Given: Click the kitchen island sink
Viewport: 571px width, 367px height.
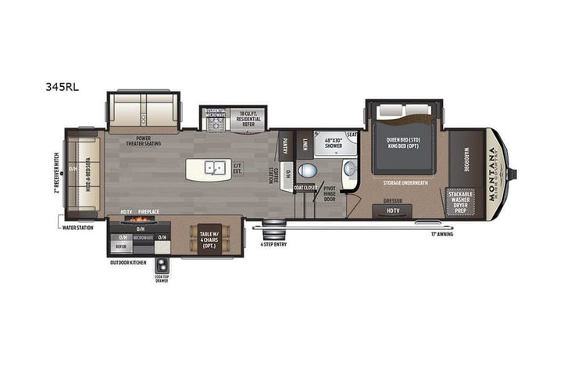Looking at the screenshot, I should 212,167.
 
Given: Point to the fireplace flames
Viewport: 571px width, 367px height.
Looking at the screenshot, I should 143,221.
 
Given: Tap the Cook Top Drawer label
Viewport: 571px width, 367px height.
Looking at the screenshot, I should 162,275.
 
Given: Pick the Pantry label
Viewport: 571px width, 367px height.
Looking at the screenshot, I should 285,146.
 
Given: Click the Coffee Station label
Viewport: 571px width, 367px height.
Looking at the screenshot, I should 276,174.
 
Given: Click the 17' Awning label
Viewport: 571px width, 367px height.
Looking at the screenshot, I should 444,232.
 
